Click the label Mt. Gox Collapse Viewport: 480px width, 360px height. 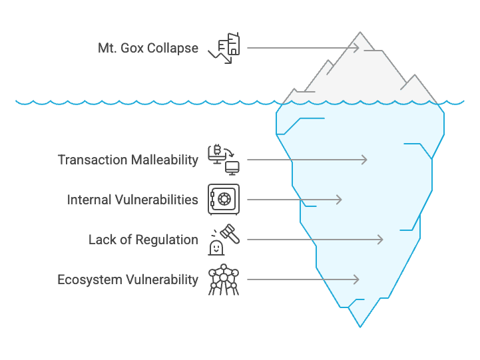point(148,49)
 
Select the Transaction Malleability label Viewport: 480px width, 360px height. point(128,160)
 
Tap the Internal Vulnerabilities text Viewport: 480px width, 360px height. point(132,200)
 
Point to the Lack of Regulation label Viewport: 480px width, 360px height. point(143,240)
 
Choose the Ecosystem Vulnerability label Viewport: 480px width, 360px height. point(128,280)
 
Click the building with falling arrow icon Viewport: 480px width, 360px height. point(224,48)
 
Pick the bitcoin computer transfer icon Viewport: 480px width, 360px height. point(224,160)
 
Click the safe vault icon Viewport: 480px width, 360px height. point(224,200)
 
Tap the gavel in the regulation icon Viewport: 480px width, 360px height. point(230,234)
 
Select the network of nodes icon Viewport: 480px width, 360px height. point(224,279)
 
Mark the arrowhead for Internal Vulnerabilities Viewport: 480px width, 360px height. point(340,200)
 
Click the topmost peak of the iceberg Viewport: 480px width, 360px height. point(360,32)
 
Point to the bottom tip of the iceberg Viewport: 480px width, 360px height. point(360,327)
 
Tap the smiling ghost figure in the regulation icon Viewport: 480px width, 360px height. point(216,247)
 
